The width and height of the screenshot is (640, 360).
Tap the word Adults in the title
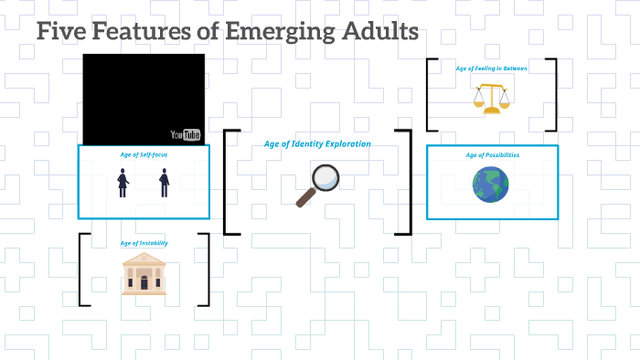pos(381,32)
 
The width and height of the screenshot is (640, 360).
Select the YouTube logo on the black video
pos(186,135)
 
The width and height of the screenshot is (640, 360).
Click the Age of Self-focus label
pos(144,154)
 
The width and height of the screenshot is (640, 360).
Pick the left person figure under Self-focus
pos(123,182)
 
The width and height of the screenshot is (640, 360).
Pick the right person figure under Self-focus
pos(165,182)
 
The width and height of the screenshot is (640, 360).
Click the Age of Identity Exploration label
pos(317,143)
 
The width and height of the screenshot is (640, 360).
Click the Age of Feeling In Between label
pos(492,69)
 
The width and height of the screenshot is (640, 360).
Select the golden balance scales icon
pos(492,98)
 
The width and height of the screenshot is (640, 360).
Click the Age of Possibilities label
pos(492,155)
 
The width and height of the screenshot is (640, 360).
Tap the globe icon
pos(491,185)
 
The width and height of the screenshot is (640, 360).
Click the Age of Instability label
pos(144,243)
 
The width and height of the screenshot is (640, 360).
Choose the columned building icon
pos(144,274)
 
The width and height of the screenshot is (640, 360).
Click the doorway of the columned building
pos(144,282)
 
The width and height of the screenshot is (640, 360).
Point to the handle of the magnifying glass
pos(305,197)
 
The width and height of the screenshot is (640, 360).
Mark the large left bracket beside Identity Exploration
pos(228,182)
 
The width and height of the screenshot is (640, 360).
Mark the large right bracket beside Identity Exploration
pos(406,182)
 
